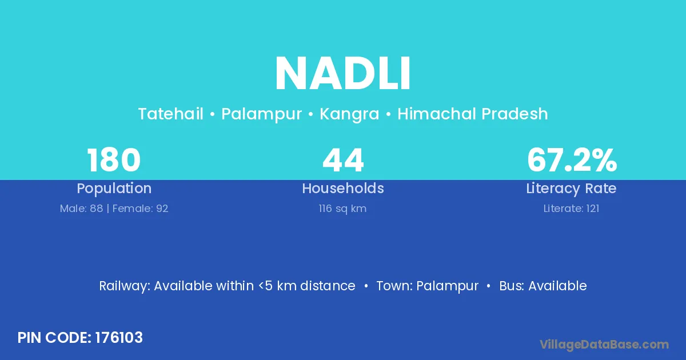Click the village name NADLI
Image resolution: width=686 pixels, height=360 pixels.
pos(343,73)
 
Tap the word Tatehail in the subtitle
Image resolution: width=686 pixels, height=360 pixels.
pos(170,114)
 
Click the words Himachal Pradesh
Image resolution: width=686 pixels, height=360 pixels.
pos(473,114)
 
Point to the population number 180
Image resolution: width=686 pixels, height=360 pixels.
pos(114,160)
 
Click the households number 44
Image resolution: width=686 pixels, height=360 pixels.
pos(343,160)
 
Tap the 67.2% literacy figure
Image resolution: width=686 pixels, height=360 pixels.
pos(572,160)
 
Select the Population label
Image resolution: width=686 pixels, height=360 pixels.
pos(114,189)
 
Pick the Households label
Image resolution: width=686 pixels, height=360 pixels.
pos(343,188)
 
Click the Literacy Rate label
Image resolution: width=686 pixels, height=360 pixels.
pos(571,189)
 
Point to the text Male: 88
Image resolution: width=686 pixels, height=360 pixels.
pos(81,209)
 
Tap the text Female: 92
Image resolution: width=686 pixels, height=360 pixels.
pos(140,209)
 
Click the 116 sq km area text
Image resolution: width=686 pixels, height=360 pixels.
pos(342,209)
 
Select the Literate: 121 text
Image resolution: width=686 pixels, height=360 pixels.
pos(571,209)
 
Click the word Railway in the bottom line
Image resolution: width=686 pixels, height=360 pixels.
pos(125,286)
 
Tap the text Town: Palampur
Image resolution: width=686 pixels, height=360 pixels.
pos(427,286)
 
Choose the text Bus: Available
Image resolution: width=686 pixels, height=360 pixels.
pos(543,286)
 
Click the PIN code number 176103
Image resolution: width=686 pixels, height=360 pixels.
pos(119,338)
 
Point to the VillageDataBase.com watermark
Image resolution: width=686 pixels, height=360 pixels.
pos(604,345)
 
